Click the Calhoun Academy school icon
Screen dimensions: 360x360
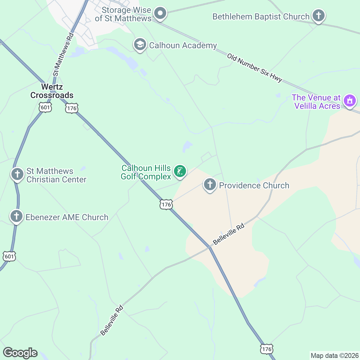(140, 45)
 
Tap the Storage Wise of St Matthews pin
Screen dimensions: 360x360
(160, 13)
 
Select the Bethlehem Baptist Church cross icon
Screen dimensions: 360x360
(318, 15)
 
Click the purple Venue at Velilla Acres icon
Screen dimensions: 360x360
(349, 101)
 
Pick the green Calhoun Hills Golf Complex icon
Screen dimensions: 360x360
(180, 172)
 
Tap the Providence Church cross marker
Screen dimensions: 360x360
(210, 185)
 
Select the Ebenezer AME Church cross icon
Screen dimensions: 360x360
(16, 216)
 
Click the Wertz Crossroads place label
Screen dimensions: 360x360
(52, 91)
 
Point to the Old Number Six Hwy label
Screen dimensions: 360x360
(255, 68)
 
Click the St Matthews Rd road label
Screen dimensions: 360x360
(63, 54)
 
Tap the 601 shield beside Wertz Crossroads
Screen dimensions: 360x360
(45, 107)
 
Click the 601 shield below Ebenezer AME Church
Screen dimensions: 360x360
(9, 256)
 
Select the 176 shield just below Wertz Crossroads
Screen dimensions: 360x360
(72, 108)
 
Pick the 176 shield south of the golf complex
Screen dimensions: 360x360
(166, 205)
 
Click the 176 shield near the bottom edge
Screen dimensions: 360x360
(266, 349)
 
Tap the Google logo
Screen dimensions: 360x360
(20, 353)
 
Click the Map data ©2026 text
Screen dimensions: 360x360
(334, 356)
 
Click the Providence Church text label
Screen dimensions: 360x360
(254, 185)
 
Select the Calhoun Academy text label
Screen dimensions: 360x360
(183, 46)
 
